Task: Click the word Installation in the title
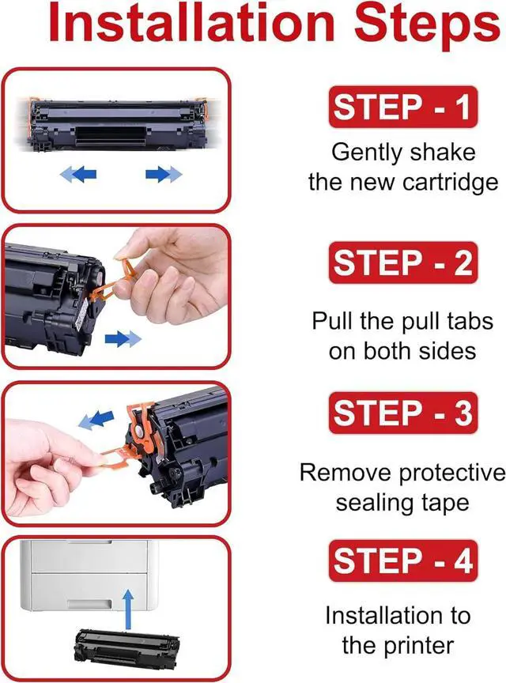coord(192,22)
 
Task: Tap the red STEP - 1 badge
coord(403,108)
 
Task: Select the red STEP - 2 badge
coord(403,262)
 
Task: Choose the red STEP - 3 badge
coord(403,413)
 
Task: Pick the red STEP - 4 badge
coord(403,560)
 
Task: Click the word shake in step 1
coord(443,152)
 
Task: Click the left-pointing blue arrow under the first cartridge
coord(78,175)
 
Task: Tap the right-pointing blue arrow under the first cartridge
coord(164,174)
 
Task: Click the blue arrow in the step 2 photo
coord(123,338)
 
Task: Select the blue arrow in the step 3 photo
coord(96,419)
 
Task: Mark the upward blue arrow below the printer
coord(128,609)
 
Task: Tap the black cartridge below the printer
coord(126,648)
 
